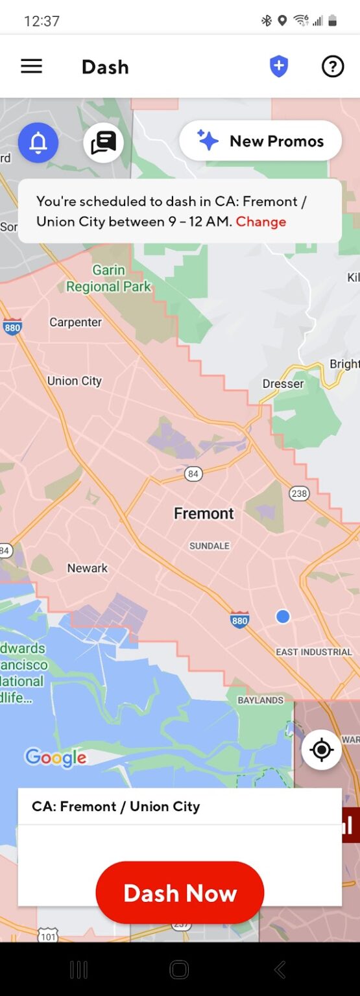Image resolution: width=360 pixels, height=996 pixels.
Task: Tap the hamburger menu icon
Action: point(31,66)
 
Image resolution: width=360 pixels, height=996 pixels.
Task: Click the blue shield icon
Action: point(279,66)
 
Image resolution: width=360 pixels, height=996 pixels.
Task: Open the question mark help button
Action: point(333,66)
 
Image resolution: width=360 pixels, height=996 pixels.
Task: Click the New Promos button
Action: point(261,141)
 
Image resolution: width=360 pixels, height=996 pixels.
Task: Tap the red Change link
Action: point(261,222)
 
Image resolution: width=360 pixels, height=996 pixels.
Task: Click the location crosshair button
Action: point(321,750)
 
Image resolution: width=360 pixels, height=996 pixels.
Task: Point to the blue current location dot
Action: point(283,617)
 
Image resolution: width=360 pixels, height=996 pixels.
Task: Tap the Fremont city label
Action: point(204,514)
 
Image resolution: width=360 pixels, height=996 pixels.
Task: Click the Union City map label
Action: point(75,381)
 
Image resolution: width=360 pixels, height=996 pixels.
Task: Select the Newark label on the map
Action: point(88,568)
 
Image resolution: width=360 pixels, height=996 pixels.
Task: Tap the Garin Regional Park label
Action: point(108,278)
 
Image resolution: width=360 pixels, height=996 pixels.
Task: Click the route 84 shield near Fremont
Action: point(193,474)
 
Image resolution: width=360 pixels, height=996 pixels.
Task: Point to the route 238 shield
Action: point(299,493)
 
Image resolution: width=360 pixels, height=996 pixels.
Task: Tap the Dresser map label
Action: point(283,383)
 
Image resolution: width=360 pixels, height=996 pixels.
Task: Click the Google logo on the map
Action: point(55,757)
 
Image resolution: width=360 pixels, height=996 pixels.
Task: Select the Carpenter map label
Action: point(76,322)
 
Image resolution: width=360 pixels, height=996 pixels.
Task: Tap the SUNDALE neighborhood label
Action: point(210,546)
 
